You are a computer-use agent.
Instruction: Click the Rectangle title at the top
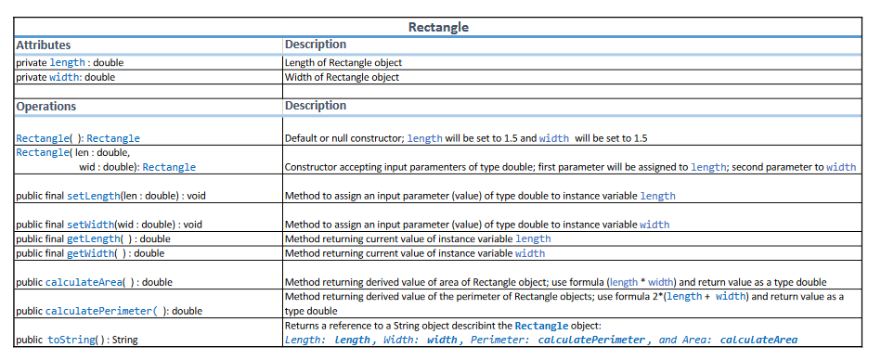(438, 27)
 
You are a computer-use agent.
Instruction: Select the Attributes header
(44, 45)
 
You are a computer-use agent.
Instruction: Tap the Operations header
(46, 107)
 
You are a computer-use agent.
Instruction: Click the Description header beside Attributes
(316, 45)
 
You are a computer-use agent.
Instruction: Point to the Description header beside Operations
(316, 107)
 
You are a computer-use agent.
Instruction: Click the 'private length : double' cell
(71, 62)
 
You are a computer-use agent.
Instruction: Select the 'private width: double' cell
(66, 77)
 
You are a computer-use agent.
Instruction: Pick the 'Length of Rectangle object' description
(343, 62)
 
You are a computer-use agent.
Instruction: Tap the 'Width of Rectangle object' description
(342, 77)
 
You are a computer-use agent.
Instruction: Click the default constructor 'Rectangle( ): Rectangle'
(78, 138)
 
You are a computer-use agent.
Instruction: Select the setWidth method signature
(109, 225)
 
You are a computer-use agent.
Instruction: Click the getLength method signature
(93, 238)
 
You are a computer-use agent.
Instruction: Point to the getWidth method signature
(90, 252)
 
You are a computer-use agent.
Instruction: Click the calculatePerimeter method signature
(110, 311)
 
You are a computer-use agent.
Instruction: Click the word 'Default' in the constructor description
(303, 138)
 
